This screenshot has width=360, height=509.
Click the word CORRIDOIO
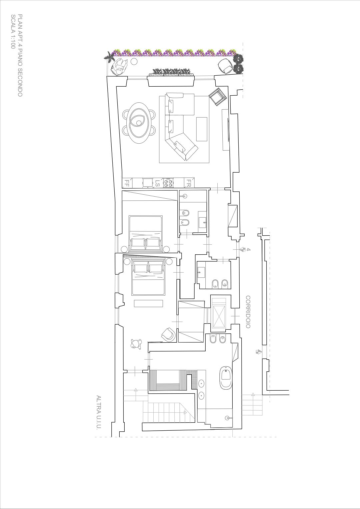(248, 312)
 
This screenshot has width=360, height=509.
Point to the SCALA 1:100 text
(13, 32)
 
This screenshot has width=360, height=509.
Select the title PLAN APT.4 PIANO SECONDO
(20, 55)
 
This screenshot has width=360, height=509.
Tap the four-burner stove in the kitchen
(168, 183)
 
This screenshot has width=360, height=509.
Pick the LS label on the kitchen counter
(157, 183)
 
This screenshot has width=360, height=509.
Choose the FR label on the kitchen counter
(188, 183)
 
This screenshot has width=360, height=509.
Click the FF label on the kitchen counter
(127, 183)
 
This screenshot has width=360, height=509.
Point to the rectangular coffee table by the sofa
(202, 129)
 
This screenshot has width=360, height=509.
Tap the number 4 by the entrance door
(249, 249)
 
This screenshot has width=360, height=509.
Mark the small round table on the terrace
(134, 61)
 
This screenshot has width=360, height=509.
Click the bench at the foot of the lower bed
(148, 304)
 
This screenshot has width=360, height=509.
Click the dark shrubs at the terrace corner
(238, 64)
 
